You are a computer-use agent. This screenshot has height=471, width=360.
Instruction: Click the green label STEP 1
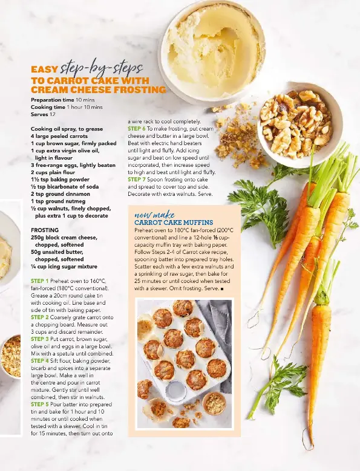[x=40, y=281]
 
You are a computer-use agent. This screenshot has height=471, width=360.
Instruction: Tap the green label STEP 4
[x=40, y=361]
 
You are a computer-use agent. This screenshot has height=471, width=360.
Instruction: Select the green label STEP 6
[x=137, y=129]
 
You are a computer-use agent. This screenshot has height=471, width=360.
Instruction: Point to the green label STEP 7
[x=137, y=180]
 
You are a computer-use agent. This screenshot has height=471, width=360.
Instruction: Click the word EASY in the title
[x=44, y=70]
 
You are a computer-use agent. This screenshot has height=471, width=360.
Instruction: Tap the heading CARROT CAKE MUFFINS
[x=174, y=223]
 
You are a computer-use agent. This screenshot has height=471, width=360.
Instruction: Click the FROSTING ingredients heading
[x=45, y=230]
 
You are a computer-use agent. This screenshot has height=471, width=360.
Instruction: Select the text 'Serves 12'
[x=44, y=114]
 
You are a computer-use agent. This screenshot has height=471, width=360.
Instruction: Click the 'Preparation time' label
[x=52, y=100]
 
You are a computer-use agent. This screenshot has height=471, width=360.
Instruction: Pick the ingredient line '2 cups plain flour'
[x=53, y=172]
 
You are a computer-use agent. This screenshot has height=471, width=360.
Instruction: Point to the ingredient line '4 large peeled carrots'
[x=59, y=136]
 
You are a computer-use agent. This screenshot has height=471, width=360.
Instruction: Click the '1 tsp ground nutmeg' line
[x=58, y=201]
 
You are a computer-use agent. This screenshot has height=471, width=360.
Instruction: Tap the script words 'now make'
[x=154, y=215]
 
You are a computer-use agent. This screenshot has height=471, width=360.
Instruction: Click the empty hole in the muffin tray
[x=176, y=391]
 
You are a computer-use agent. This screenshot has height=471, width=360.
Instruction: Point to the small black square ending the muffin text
[x=222, y=289]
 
